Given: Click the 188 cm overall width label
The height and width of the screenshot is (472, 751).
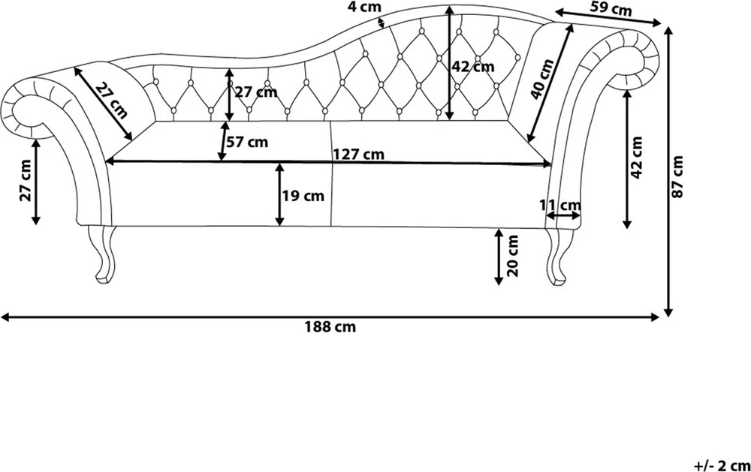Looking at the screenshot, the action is pyautogui.click(x=330, y=327).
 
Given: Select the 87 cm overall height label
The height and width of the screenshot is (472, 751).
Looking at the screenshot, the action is pyautogui.click(x=677, y=176).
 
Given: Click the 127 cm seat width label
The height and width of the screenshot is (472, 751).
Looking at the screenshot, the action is pyautogui.click(x=359, y=154).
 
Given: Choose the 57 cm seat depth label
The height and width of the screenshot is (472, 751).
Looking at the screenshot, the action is pyautogui.click(x=247, y=142).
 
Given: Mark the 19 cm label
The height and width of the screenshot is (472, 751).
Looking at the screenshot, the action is pyautogui.click(x=303, y=196).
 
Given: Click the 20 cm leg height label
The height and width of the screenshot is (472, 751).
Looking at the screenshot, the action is pyautogui.click(x=513, y=255).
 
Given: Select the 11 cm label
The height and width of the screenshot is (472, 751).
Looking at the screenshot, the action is pyautogui.click(x=560, y=206).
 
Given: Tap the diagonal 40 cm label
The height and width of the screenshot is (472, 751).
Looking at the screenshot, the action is pyautogui.click(x=543, y=79).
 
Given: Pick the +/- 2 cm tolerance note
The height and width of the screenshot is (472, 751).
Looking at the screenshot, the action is pyautogui.click(x=722, y=464).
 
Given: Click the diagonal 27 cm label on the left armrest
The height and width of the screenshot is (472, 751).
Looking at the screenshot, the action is pyautogui.click(x=111, y=101).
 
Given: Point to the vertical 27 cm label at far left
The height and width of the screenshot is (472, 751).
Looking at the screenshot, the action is pyautogui.click(x=25, y=180).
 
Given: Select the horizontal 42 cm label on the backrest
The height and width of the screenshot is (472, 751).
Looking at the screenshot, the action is pyautogui.click(x=473, y=67).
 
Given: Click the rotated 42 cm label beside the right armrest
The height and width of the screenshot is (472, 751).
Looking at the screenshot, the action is pyautogui.click(x=637, y=158).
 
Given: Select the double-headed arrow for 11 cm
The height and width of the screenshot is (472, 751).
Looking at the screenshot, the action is pyautogui.click(x=562, y=216).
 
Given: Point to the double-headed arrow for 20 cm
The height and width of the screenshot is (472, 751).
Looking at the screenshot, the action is pyautogui.click(x=499, y=257).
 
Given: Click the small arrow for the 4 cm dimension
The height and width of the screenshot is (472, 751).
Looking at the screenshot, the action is pyautogui.click(x=382, y=23).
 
